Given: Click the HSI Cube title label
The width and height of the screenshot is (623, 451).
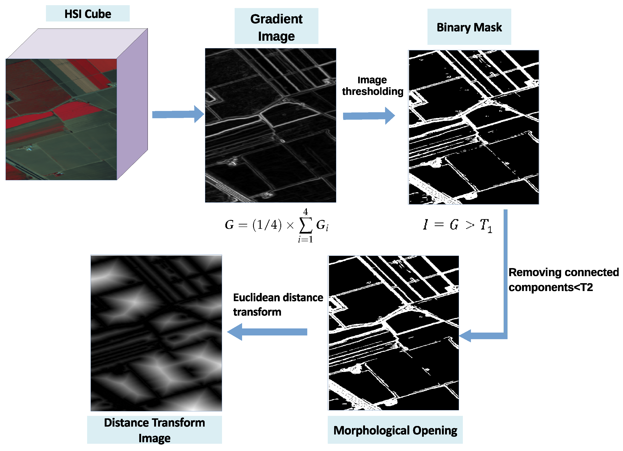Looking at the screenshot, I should coord(88,14).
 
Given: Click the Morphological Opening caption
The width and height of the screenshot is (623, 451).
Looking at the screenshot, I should coord(395,430).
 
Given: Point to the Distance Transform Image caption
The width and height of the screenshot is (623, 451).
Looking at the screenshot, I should coord(154,430).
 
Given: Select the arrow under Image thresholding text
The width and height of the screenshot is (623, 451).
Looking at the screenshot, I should coord(368,116).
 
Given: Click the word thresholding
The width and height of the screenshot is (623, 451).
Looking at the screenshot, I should coord(372,91).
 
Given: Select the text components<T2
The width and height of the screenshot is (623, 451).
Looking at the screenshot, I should coord(551,288).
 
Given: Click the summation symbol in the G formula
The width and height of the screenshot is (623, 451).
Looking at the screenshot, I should coord(305,225).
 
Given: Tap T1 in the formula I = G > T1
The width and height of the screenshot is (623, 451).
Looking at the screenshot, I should coord(486,225).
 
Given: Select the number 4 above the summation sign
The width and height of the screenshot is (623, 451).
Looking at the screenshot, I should coord(305,211).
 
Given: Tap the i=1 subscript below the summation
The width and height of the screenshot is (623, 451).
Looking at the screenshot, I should coord(305,240).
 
